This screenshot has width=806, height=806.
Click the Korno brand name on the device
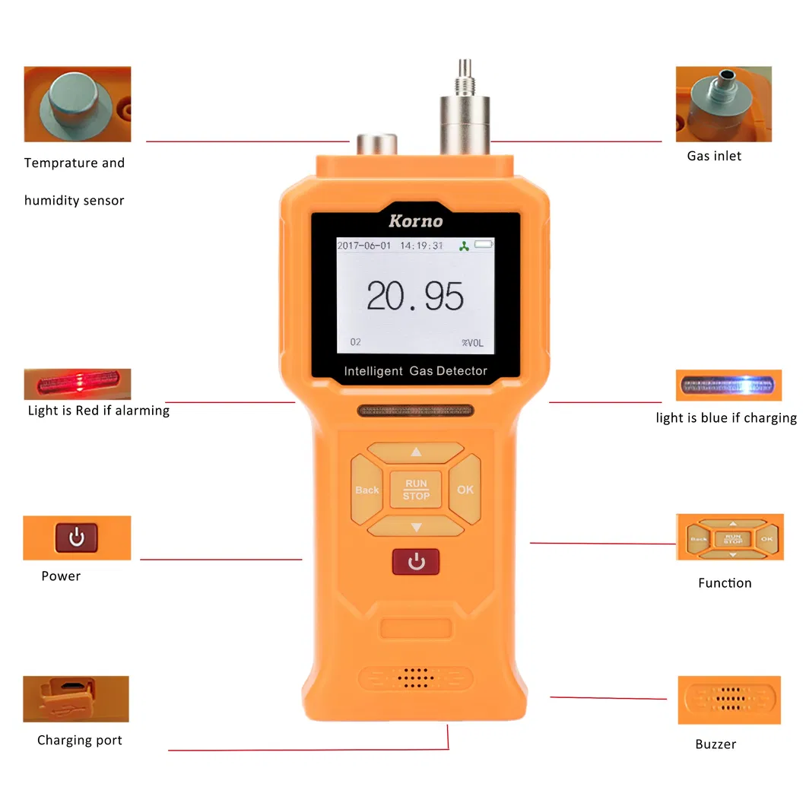[x=415, y=221]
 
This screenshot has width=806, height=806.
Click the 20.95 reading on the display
[x=414, y=296]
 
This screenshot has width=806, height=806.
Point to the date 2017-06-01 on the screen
[x=363, y=246]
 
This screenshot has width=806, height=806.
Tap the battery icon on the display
[x=484, y=245]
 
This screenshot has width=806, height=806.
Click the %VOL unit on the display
[x=471, y=342]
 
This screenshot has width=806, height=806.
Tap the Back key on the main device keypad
[x=367, y=490]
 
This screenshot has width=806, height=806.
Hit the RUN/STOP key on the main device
[x=416, y=490]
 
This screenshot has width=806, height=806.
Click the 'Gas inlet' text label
[x=713, y=156]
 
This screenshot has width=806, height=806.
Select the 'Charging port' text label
[x=79, y=740]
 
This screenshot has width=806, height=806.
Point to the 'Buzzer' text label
[x=716, y=744]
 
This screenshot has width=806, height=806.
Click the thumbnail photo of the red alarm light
[x=77, y=383]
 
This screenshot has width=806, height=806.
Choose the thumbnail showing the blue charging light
[x=728, y=385]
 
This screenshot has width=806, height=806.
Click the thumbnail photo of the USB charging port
[x=75, y=698]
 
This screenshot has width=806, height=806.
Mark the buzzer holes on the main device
[x=416, y=677]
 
